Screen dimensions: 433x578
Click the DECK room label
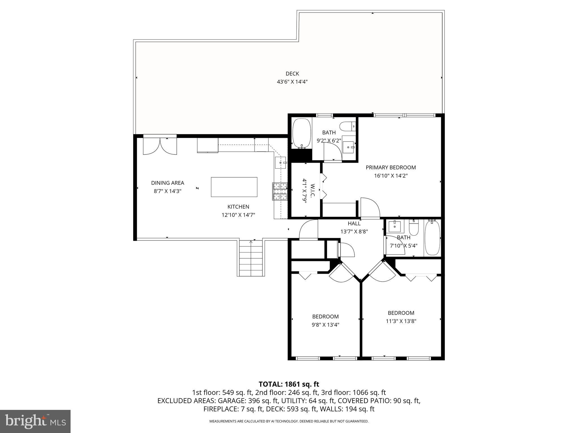coord(292,74)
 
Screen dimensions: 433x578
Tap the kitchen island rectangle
coord(234,187)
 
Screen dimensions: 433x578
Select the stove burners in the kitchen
coord(280,191)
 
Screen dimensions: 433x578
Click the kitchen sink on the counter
coord(281,163)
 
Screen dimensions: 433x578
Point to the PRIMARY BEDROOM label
coord(391,167)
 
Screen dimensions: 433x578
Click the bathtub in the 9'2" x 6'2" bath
coord(302,133)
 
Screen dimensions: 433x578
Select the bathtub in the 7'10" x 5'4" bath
coord(432,238)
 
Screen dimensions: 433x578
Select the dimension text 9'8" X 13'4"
coord(325,325)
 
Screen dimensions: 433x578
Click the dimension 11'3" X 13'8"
coord(401,321)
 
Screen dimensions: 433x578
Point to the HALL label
coord(354,224)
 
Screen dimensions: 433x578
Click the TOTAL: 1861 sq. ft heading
coord(289,384)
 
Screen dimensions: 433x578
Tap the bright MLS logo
coord(35,421)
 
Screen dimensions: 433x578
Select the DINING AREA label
coord(167,183)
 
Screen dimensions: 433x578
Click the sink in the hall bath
coord(395,226)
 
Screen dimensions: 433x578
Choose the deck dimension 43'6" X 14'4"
coord(292,82)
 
